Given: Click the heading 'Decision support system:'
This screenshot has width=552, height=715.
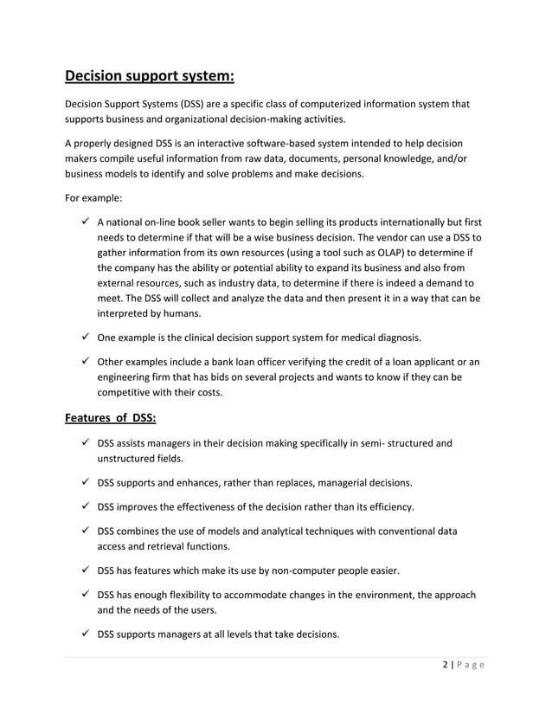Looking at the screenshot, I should [x=150, y=74].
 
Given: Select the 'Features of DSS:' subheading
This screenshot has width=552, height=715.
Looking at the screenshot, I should [x=111, y=419].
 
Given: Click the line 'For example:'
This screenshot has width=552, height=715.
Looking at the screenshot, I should [x=94, y=196].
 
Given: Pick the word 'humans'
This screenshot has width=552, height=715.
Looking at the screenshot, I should [x=178, y=314].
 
